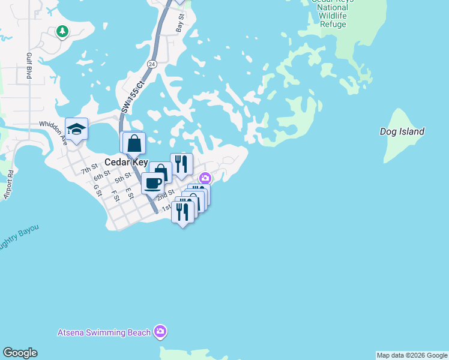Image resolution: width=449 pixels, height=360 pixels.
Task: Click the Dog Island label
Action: coord(402,131)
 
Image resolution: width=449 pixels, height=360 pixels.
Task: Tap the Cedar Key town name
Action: coord(126,162)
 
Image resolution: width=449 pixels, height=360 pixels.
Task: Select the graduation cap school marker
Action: coord(77,129)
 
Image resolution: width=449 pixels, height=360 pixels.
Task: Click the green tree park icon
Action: coord(62,31)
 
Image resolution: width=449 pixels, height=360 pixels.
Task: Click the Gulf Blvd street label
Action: coord(28,66)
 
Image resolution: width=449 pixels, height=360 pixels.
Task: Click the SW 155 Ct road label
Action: coord(133,97)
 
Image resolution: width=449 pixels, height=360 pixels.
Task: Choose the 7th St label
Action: coord(89,170)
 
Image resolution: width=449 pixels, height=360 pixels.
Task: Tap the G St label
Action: coord(97,190)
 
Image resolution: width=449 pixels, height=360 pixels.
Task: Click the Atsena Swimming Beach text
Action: coord(104,332)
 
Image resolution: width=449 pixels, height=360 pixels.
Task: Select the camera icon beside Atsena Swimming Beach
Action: coord(160,331)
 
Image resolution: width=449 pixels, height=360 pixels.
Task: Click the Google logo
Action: coord(20,353)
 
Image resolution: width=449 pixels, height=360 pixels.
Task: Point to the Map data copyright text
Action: coord(412,355)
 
